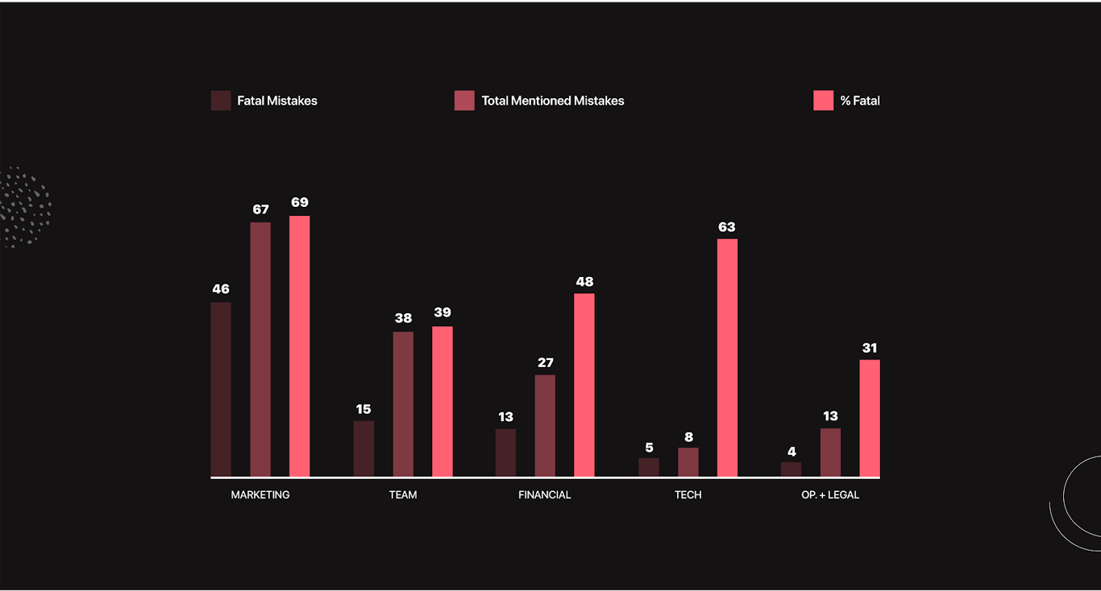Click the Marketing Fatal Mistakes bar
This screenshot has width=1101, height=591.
(221, 390)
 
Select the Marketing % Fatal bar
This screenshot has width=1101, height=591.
(299, 346)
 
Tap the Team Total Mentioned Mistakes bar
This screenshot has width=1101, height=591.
(403, 404)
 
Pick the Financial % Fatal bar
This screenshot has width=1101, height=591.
(584, 385)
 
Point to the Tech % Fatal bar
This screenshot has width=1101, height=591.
(727, 357)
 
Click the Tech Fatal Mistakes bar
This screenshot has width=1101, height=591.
(649, 468)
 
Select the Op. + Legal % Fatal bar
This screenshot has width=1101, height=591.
(870, 418)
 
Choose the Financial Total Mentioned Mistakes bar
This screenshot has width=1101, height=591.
(545, 426)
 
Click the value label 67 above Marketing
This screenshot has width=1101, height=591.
(260, 209)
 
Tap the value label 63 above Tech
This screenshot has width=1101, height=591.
(727, 227)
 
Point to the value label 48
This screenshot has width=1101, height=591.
(584, 282)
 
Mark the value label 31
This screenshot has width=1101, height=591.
(870, 348)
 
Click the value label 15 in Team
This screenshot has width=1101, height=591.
(364, 409)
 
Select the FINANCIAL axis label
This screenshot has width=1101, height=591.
(545, 495)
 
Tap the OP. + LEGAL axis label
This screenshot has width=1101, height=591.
(830, 495)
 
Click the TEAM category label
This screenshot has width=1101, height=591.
(403, 495)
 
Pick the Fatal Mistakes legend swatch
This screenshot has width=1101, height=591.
(221, 101)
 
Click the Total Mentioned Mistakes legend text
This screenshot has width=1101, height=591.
(553, 101)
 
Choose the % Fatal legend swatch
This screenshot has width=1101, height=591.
(823, 101)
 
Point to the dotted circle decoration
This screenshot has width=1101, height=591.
(24, 207)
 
